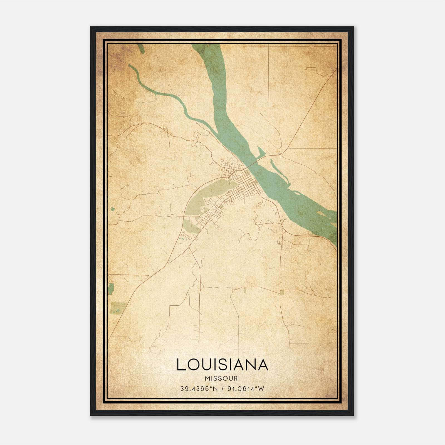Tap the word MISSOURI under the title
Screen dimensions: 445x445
222,378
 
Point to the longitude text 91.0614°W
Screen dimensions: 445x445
246,389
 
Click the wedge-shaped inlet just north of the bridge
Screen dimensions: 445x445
261,152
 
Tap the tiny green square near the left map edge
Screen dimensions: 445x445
113,209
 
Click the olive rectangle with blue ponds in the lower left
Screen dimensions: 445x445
119,307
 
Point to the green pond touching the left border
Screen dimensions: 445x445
111,289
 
